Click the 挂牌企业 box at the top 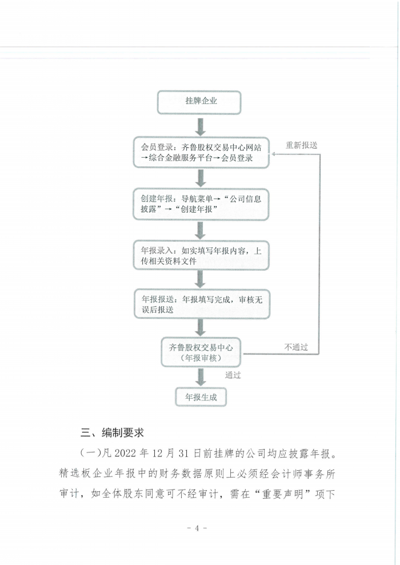point(199,102)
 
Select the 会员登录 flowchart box point(201,153)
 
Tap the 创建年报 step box point(201,204)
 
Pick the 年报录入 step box point(201,255)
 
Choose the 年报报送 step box point(202,304)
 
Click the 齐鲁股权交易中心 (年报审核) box point(201,352)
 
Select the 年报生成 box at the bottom point(201,397)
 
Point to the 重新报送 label point(301,145)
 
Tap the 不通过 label point(296,347)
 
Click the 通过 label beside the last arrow point(233,375)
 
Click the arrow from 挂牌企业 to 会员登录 point(200,126)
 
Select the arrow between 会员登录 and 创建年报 point(201,178)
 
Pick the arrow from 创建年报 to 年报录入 point(201,230)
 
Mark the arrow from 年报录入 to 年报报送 point(201,279)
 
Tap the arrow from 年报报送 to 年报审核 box point(201,328)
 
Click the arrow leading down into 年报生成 point(201,377)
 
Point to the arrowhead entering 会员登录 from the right point(273,154)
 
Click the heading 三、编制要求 point(112,432)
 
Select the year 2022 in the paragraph point(125,453)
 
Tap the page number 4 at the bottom point(197,528)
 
